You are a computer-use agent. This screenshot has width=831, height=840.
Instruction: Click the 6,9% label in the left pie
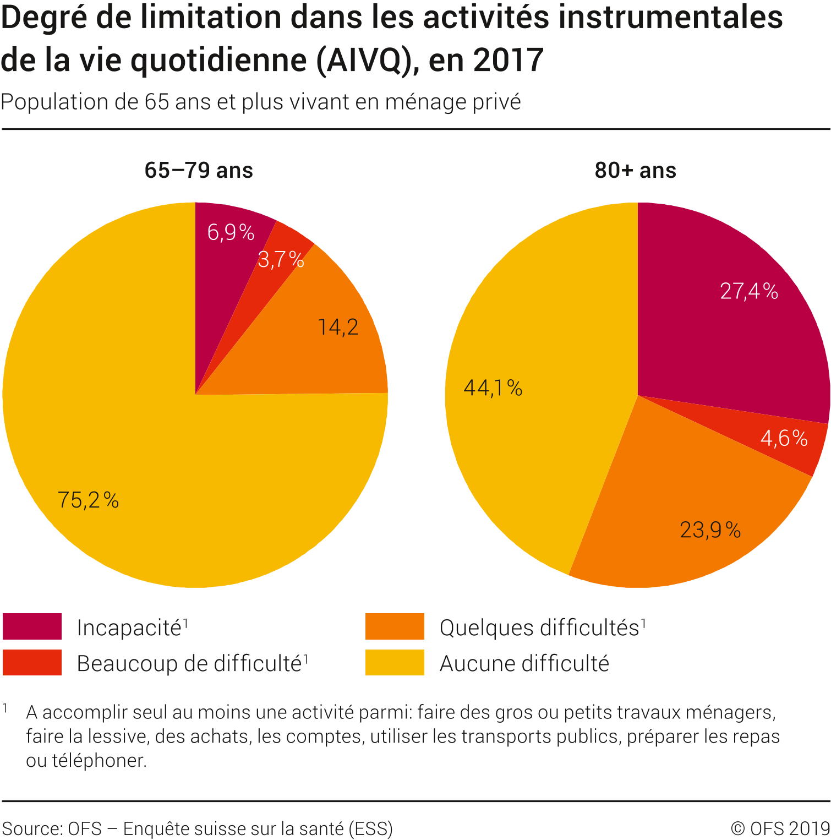pyautogui.click(x=231, y=232)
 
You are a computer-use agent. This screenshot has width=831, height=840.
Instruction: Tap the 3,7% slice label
pyautogui.click(x=281, y=259)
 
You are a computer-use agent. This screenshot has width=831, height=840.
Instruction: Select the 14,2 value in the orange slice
pyautogui.click(x=338, y=328)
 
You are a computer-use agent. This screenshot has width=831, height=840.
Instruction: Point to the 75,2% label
pyautogui.click(x=88, y=500)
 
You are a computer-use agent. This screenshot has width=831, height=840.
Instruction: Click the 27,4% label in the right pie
pyautogui.click(x=749, y=291)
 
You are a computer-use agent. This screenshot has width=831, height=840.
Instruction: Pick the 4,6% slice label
pyautogui.click(x=784, y=438)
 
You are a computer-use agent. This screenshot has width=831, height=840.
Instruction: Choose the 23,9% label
pyautogui.click(x=710, y=530)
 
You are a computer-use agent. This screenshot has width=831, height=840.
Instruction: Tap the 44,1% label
pyautogui.click(x=493, y=388)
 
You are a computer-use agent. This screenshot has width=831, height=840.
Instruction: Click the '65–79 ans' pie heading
pyautogui.click(x=199, y=171)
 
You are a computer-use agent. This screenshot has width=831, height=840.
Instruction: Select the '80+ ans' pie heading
pyautogui.click(x=635, y=171)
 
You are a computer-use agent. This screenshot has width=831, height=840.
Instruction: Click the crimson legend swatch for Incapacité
pyautogui.click(x=32, y=626)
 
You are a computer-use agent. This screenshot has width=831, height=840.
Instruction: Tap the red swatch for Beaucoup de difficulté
pyautogui.click(x=32, y=662)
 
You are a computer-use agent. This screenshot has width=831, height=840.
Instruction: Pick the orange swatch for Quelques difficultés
pyautogui.click(x=395, y=626)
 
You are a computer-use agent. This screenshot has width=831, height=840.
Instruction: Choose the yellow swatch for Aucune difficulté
pyautogui.click(x=395, y=662)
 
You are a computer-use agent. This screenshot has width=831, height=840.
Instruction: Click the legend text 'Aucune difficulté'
pyautogui.click(x=524, y=663)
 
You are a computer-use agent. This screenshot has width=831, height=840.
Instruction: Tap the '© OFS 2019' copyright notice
pyautogui.click(x=780, y=828)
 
